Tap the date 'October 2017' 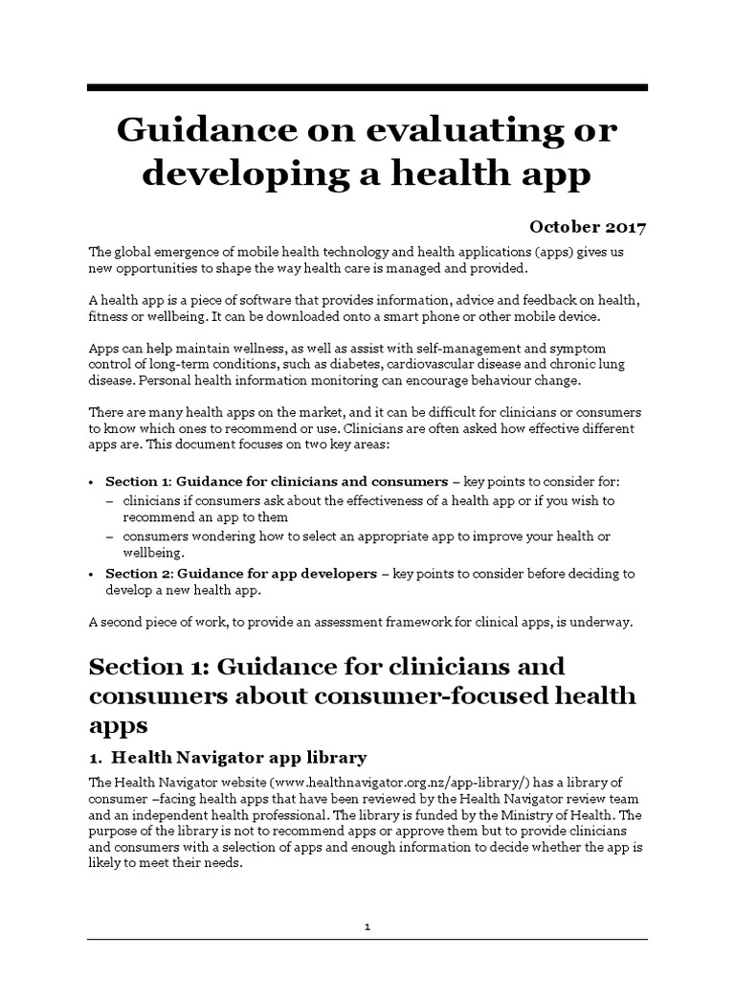tap(588, 227)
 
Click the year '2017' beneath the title tap(623, 227)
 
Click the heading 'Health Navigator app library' tap(239, 756)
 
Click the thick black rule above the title tap(367, 88)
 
